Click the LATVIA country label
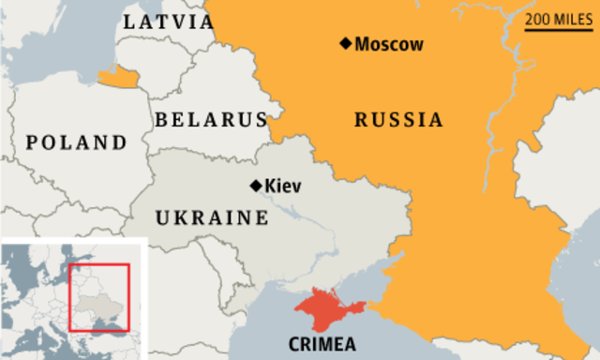point(170,22)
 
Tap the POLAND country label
point(76,142)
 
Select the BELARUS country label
point(211,120)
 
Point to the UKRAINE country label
point(212,217)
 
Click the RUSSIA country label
point(398,120)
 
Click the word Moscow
point(389,44)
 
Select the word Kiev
point(283,186)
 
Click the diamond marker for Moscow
point(346,43)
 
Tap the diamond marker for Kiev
point(255,186)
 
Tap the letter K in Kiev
point(271,186)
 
